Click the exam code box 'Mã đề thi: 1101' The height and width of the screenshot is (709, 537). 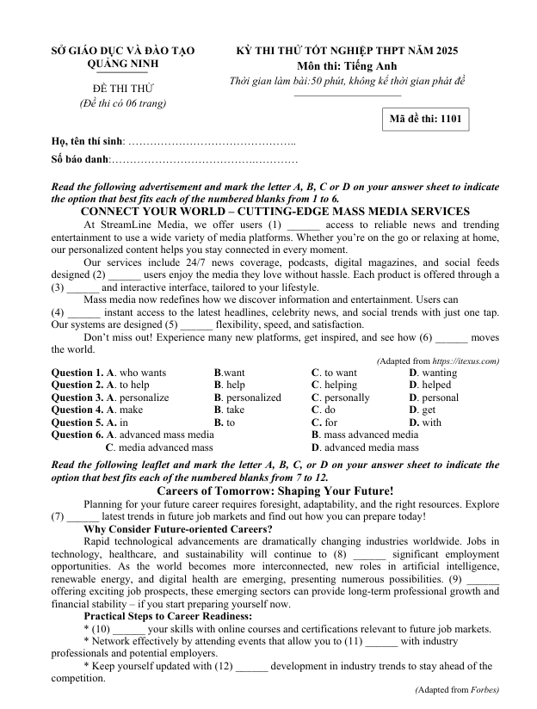[426, 120]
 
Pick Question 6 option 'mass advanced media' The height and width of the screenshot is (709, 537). [369, 435]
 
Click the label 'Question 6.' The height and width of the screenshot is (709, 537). [77, 435]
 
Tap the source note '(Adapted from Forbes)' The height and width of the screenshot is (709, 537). [456, 690]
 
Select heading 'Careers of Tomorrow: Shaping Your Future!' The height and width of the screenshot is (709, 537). [275, 490]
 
